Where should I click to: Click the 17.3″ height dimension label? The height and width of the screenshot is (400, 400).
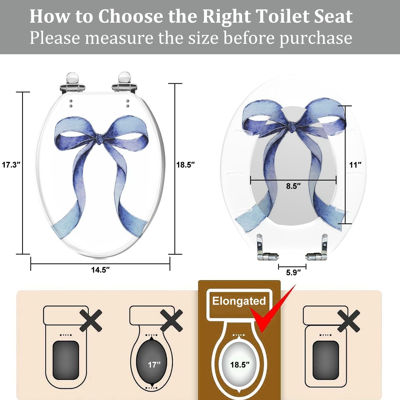pyautogui.click(x=11, y=165)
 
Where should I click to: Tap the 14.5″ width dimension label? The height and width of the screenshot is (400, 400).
pyautogui.click(x=101, y=270)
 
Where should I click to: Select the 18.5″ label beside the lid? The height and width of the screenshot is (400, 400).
pyautogui.click(x=186, y=165)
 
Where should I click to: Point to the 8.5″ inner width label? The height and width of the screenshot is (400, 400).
pyautogui.click(x=293, y=186)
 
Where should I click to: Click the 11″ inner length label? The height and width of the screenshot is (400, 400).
pyautogui.click(x=355, y=165)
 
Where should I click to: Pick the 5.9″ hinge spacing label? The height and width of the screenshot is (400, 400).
pyautogui.click(x=293, y=273)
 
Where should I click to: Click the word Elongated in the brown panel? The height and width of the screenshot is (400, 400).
pyautogui.click(x=239, y=301)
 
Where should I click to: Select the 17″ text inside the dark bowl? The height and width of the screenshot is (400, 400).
pyautogui.click(x=154, y=365)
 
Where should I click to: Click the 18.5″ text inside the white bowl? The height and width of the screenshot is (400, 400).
pyautogui.click(x=240, y=365)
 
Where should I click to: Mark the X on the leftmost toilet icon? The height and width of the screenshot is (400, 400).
pyautogui.click(x=91, y=321)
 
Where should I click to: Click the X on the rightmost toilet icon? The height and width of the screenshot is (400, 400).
pyautogui.click(x=349, y=321)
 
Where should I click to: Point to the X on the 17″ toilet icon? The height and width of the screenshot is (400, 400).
pyautogui.click(x=171, y=321)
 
